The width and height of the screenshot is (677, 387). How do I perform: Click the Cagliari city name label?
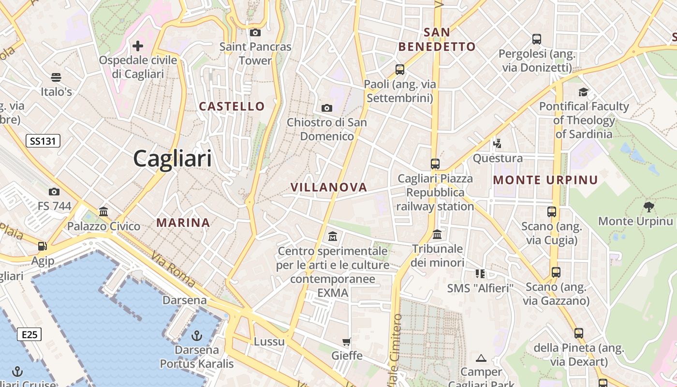pos(172,158)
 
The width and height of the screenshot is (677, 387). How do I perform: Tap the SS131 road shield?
pos(43,141)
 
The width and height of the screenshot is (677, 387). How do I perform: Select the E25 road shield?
pos(29,334)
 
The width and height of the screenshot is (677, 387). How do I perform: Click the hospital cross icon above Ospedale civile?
pos(138,46)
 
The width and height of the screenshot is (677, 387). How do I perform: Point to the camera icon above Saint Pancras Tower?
pos(255,32)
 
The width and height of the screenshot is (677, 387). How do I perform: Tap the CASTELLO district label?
pos(232,106)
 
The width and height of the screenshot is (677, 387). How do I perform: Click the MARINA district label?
pos(183,223)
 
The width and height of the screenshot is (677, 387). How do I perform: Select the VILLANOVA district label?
pos(329,187)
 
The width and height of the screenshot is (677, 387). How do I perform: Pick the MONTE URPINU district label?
pos(545,180)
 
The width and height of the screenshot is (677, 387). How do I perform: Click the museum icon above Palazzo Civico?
pos(103,211)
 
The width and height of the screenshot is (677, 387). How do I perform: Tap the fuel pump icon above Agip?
pos(43,246)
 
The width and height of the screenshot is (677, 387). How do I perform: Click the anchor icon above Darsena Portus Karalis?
pos(197,335)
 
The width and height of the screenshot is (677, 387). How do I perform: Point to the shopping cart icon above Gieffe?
pos(347,342)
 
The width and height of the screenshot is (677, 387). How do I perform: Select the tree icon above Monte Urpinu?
pos(649,207)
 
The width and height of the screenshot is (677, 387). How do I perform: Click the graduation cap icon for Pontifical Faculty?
pos(583,92)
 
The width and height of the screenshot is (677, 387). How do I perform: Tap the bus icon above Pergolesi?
pos(536,39)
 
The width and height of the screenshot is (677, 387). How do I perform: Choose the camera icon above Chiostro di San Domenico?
pos(327,108)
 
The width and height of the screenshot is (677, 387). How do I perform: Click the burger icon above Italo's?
pos(56,77)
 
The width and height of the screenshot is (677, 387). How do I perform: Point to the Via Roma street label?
pos(173,269)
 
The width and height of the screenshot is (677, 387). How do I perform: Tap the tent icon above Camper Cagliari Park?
pos(481,358)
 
